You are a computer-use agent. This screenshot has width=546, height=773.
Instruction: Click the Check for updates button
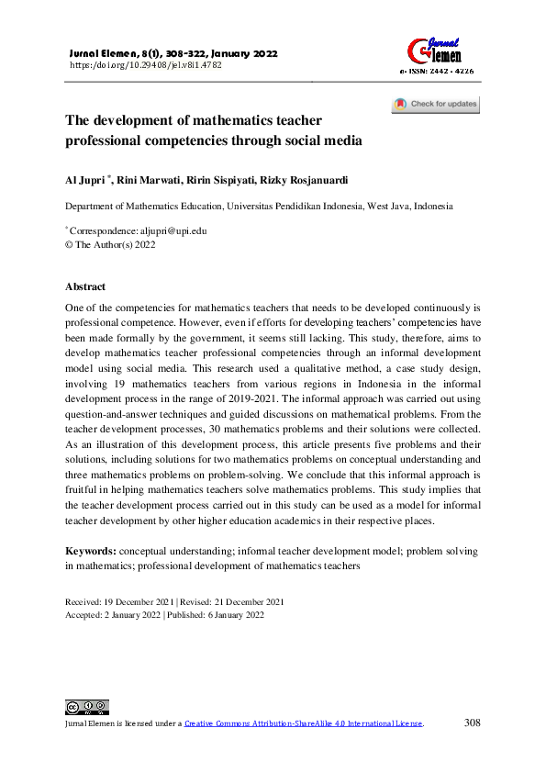435,105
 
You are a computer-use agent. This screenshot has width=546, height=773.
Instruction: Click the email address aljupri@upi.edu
174,231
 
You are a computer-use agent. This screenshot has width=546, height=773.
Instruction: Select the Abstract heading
85,287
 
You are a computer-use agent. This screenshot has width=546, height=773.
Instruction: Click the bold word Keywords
90,550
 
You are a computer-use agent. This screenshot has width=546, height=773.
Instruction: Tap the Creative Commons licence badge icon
86,707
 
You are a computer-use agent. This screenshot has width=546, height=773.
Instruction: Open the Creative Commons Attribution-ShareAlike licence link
303,723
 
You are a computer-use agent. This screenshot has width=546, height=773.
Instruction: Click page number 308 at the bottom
473,723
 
